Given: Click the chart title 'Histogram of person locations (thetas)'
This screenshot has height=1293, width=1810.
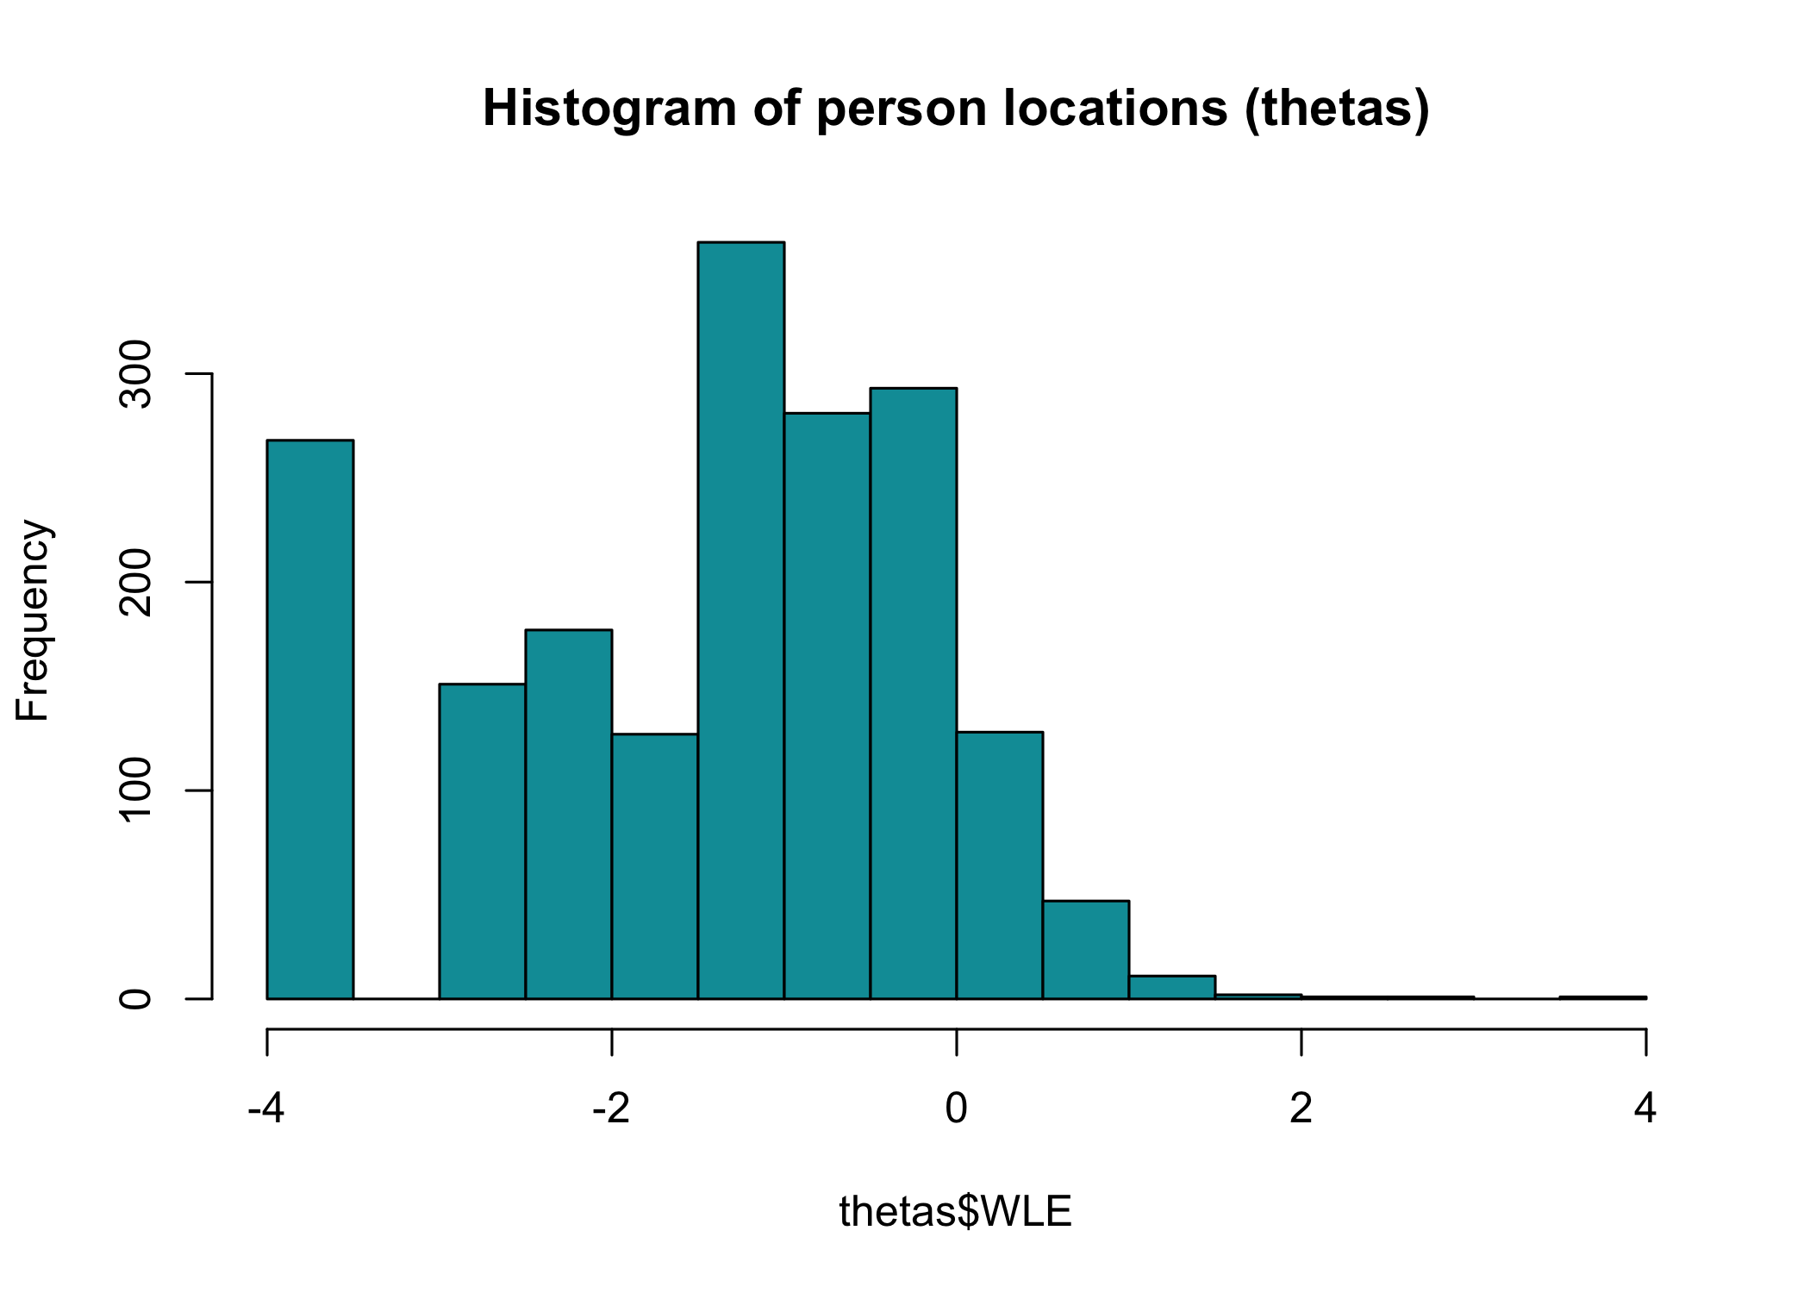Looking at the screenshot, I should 955,109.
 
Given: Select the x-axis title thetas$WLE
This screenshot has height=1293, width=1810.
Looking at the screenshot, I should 955,1212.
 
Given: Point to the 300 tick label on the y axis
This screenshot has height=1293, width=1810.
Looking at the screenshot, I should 136,374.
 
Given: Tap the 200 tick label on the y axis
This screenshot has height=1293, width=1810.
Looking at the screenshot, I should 136,583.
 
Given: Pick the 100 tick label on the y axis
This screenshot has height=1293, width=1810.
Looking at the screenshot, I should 136,790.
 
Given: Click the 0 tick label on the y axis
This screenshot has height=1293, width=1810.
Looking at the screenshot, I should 136,999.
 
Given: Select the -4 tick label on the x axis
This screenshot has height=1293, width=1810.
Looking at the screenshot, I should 265,1109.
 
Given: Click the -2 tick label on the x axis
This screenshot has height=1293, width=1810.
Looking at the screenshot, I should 611,1109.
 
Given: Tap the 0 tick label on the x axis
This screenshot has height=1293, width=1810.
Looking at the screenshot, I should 956,1109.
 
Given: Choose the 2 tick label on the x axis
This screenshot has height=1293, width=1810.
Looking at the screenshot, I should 1301,1109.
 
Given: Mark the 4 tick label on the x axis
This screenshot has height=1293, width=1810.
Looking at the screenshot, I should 1645,1109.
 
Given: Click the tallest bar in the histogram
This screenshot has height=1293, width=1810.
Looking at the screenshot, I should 741,621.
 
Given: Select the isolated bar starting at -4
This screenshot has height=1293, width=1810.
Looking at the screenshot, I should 310,720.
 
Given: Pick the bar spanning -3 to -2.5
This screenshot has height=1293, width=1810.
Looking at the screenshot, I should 483,841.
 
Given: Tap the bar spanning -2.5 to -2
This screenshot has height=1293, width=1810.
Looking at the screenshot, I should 569,815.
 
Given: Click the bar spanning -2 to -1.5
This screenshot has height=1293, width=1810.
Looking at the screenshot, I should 655,866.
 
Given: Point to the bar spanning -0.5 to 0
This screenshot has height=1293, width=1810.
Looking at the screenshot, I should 914,694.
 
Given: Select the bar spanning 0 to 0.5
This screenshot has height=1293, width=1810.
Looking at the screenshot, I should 1000,865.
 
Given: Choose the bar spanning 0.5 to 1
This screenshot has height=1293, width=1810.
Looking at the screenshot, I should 1086,950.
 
